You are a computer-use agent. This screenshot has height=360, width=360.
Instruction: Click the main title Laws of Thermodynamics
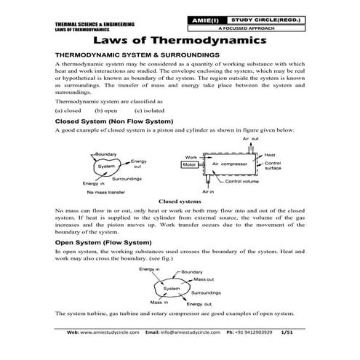click(x=180, y=39)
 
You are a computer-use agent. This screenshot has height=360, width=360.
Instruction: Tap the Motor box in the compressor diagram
click(x=190, y=165)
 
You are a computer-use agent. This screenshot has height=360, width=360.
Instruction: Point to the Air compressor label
click(x=229, y=164)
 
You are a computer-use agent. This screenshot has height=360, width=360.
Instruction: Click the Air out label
click(x=251, y=138)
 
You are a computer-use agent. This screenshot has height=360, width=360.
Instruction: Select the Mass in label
click(x=159, y=301)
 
